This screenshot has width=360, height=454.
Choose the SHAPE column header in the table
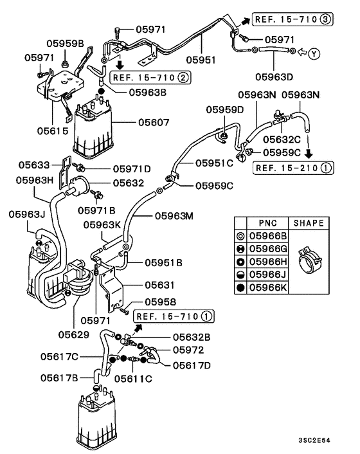[309, 223]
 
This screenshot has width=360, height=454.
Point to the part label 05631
[159, 284]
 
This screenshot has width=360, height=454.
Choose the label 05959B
[65, 44]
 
